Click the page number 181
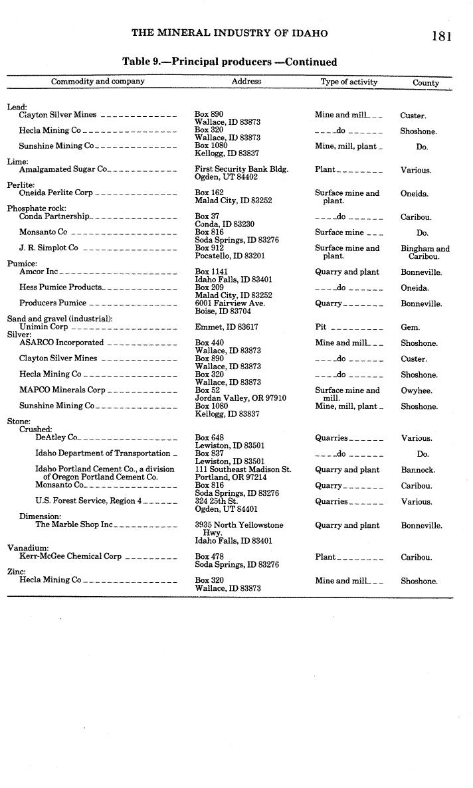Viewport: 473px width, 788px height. coord(440,36)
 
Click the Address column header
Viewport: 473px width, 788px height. coord(246,82)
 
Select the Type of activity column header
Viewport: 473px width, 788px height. coord(349,82)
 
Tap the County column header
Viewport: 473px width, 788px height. coord(426,83)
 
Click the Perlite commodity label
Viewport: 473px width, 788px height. coord(21,185)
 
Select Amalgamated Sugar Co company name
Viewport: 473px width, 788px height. coord(63,169)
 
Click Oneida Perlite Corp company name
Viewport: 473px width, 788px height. coord(56,193)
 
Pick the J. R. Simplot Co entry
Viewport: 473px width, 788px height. coord(48,248)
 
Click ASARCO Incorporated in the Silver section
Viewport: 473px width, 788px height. coord(61,343)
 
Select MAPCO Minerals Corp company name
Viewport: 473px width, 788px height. coord(62,390)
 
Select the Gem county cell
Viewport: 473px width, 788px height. coord(409,328)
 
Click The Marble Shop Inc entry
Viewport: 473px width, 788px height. coord(74,525)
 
